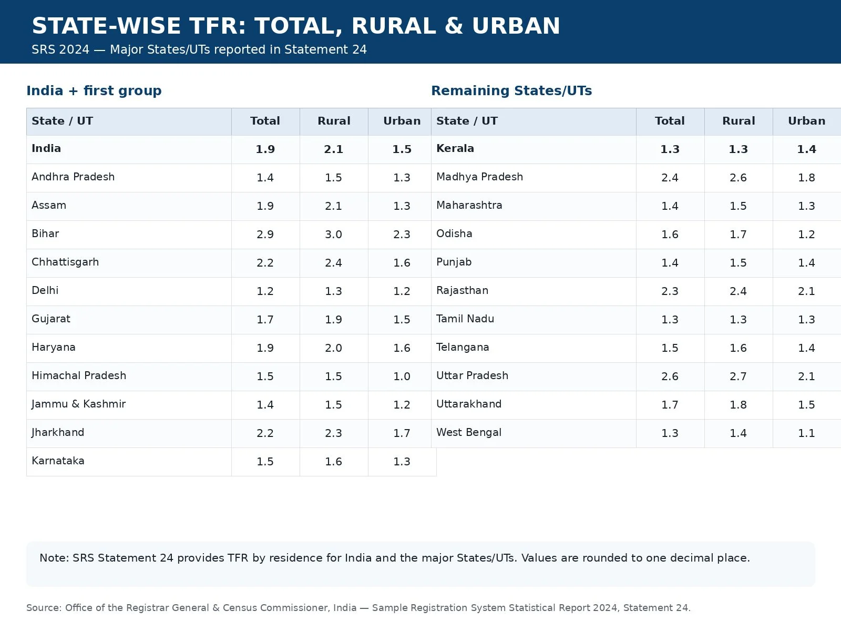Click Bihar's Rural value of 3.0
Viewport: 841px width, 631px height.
pos(333,234)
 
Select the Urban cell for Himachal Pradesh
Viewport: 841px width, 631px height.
pos(402,376)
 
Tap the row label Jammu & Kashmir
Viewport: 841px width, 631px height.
pos(78,404)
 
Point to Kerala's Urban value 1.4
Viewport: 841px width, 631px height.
pos(806,149)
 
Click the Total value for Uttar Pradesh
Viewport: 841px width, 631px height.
pos(670,376)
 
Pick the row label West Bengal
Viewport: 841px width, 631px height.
pos(468,433)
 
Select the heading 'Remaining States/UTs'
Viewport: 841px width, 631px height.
pos(511,91)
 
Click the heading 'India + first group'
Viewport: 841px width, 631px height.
pos(94,91)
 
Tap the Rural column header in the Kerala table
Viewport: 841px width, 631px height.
pos(739,121)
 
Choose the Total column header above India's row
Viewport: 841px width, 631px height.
pos(265,121)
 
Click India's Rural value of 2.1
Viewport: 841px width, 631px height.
pos(333,149)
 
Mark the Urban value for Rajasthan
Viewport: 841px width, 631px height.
pos(806,291)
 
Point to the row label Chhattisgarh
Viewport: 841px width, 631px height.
pos(65,262)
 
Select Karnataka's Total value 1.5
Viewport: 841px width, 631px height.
pos(265,461)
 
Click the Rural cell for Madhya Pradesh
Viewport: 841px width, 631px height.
pos(739,177)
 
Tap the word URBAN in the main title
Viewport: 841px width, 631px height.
pos(516,26)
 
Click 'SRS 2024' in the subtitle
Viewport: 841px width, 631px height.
pos(60,50)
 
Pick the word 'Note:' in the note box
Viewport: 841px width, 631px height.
pos(55,558)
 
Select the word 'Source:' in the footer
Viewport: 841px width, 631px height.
pos(44,608)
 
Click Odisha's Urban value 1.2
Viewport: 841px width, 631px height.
pos(806,234)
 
